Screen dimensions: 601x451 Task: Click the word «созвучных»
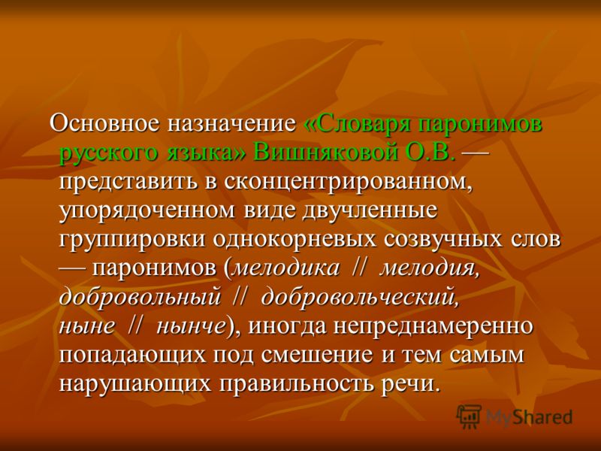(x=445, y=239)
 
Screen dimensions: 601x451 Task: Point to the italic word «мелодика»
(x=286, y=268)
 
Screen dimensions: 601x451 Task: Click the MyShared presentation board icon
(x=468, y=416)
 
